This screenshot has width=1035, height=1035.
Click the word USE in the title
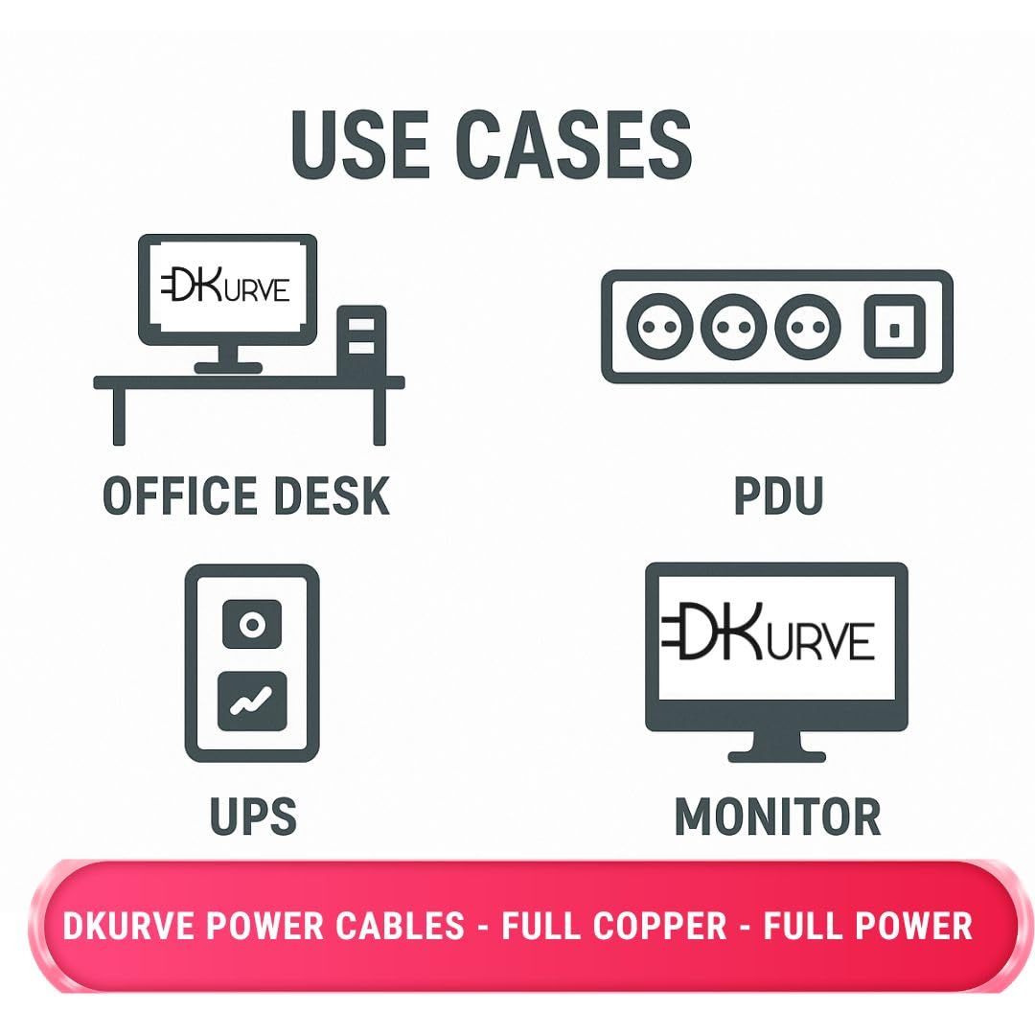(359, 146)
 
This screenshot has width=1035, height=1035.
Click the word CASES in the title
(574, 146)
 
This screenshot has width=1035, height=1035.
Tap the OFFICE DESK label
(246, 495)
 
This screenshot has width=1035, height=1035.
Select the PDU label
(778, 495)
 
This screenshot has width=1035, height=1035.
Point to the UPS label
(253, 816)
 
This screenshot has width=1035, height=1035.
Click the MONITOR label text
(777, 816)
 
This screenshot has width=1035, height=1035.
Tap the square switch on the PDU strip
(893, 327)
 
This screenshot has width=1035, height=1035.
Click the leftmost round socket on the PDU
(658, 327)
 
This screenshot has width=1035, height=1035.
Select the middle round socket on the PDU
(733, 327)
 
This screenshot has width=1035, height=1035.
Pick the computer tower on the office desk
(361, 340)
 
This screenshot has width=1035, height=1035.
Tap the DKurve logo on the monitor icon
(769, 633)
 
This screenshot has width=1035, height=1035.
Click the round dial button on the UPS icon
(252, 625)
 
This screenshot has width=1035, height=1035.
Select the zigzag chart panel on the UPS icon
(252, 701)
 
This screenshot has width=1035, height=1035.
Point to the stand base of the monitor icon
(777, 755)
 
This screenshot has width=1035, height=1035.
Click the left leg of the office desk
(119, 416)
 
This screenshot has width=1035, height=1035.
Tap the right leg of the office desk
(379, 416)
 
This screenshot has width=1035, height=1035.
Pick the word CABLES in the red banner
(397, 926)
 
